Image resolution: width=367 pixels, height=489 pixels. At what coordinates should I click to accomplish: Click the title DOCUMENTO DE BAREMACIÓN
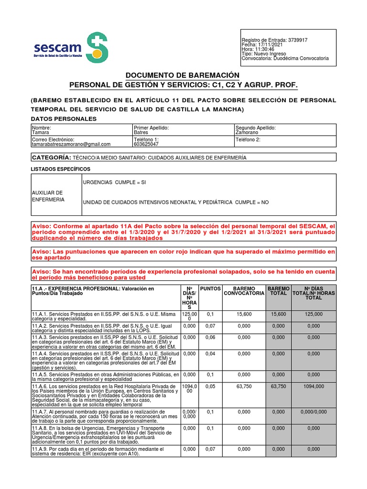click(182, 75)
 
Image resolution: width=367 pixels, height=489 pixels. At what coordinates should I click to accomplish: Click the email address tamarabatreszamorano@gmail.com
click(71, 144)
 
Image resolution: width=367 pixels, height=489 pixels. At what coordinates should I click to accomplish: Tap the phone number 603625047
click(146, 144)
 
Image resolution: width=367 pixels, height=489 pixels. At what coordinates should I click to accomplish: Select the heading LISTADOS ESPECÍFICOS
click(60, 169)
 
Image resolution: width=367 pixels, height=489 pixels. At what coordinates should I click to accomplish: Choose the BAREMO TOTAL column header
click(279, 291)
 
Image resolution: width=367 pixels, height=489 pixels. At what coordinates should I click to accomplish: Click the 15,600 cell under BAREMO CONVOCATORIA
click(244, 314)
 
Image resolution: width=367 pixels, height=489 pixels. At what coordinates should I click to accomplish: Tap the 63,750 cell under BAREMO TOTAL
click(279, 387)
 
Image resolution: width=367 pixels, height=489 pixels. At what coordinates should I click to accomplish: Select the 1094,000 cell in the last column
click(313, 387)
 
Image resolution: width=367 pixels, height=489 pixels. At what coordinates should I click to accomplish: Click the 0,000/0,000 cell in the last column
click(313, 412)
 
